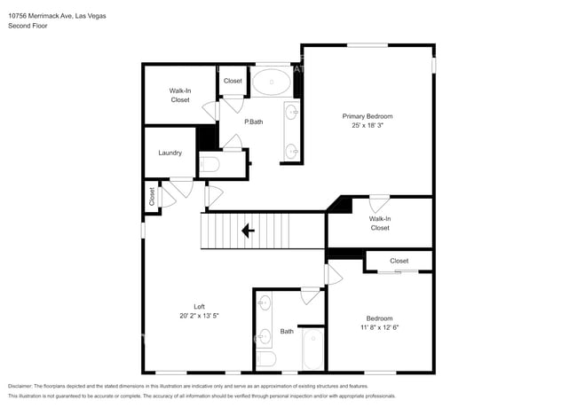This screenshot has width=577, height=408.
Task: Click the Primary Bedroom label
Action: click(368, 116)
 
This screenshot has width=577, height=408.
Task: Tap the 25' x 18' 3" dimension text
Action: click(368, 126)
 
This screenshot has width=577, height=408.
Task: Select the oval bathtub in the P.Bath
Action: click(271, 83)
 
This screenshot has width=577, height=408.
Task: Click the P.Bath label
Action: click(254, 122)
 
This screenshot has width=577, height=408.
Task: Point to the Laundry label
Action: click(170, 153)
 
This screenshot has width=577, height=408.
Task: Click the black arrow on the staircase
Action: click(248, 231)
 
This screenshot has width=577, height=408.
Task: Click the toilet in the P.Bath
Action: click(210, 165)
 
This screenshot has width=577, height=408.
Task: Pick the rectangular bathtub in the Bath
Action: click(313, 350)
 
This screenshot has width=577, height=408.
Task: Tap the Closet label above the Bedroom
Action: click(399, 261)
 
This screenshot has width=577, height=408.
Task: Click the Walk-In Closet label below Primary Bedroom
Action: click(379, 223)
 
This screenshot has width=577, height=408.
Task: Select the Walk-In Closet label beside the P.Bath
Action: click(180, 95)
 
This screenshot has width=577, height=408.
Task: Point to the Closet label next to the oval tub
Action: click(233, 81)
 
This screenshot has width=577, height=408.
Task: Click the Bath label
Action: click(287, 331)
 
